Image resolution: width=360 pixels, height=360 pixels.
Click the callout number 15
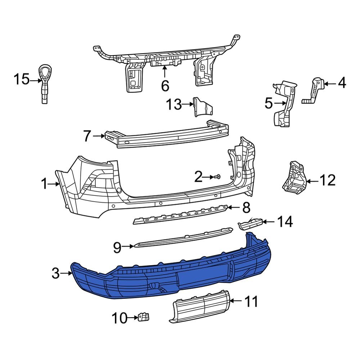tap(21, 79)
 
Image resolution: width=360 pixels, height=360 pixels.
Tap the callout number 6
tap(165, 86)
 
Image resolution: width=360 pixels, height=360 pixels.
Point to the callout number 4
tap(341, 84)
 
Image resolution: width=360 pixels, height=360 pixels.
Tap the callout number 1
tap(44, 185)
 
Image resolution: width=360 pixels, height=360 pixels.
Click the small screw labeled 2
tap(218, 177)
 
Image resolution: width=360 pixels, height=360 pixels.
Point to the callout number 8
tap(246, 207)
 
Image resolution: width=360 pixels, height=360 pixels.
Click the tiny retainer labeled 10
tap(144, 317)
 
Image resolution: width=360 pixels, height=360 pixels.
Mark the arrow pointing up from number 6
tap(165, 72)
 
